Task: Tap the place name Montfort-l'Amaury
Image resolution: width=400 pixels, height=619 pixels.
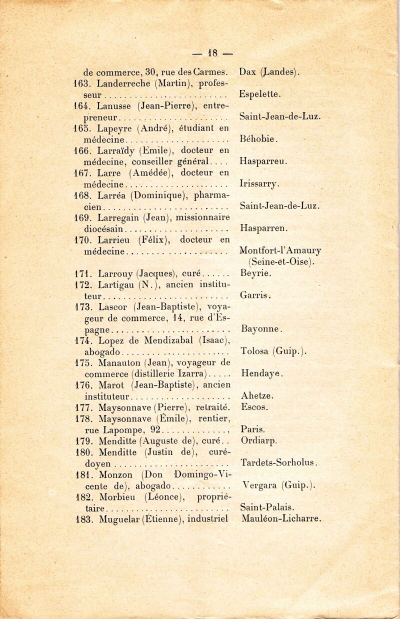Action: coord(280,250)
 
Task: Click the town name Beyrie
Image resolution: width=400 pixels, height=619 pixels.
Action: coord(255,273)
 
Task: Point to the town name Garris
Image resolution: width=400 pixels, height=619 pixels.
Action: coord(255,295)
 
